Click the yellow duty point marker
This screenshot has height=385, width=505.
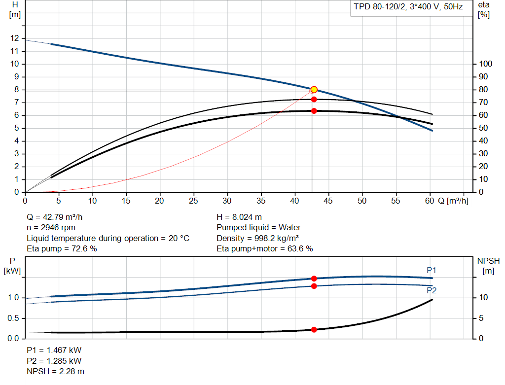pos(314,90)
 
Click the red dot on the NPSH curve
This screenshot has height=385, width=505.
pos(314,330)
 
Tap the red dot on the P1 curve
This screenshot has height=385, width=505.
pos(314,279)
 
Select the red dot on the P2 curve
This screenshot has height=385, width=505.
pos(314,286)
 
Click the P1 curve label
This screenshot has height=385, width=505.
pos(431,271)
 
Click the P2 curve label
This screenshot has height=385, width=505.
pos(432,290)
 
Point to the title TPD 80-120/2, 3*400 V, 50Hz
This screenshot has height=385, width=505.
pos(408,7)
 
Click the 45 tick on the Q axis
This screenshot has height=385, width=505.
pos(328,201)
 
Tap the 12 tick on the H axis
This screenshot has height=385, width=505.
pos(14,38)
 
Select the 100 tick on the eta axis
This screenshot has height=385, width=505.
pos(486,64)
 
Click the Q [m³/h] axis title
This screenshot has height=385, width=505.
pos(453,201)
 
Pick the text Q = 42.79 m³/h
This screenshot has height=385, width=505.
pos(54,217)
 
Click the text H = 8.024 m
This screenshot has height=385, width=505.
pos(239,217)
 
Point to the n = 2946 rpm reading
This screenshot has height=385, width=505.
pos(51,228)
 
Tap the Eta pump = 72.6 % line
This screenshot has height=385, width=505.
pos(62,248)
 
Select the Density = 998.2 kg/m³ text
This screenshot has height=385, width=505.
pos(257,238)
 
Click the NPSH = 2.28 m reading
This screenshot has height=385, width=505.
pos(55,372)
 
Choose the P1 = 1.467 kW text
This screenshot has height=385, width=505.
pos(54,350)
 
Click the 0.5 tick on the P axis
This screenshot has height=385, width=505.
pos(13,318)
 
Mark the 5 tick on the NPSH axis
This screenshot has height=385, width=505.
pos(481,318)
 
